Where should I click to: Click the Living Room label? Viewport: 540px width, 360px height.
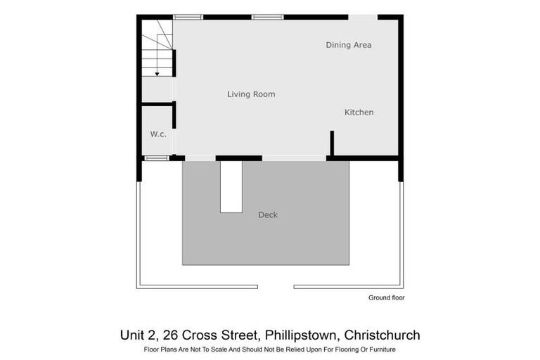tap(251, 94)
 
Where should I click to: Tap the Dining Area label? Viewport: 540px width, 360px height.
tap(348, 45)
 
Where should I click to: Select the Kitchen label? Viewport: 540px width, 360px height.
tap(359, 112)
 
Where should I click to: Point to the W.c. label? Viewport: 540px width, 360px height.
tap(158, 134)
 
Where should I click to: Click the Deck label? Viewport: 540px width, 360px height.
tap(268, 215)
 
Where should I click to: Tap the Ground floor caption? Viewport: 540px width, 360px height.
tap(386, 298)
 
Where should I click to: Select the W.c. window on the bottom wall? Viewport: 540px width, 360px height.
tap(156, 158)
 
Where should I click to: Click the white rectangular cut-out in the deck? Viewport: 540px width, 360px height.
tap(231, 186)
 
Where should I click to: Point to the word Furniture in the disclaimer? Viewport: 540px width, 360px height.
tap(380, 349)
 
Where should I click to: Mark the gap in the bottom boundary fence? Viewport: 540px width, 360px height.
tap(275, 286)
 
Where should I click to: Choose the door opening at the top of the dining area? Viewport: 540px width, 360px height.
tap(363, 17)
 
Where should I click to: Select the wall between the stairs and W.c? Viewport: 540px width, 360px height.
tap(157, 104)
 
